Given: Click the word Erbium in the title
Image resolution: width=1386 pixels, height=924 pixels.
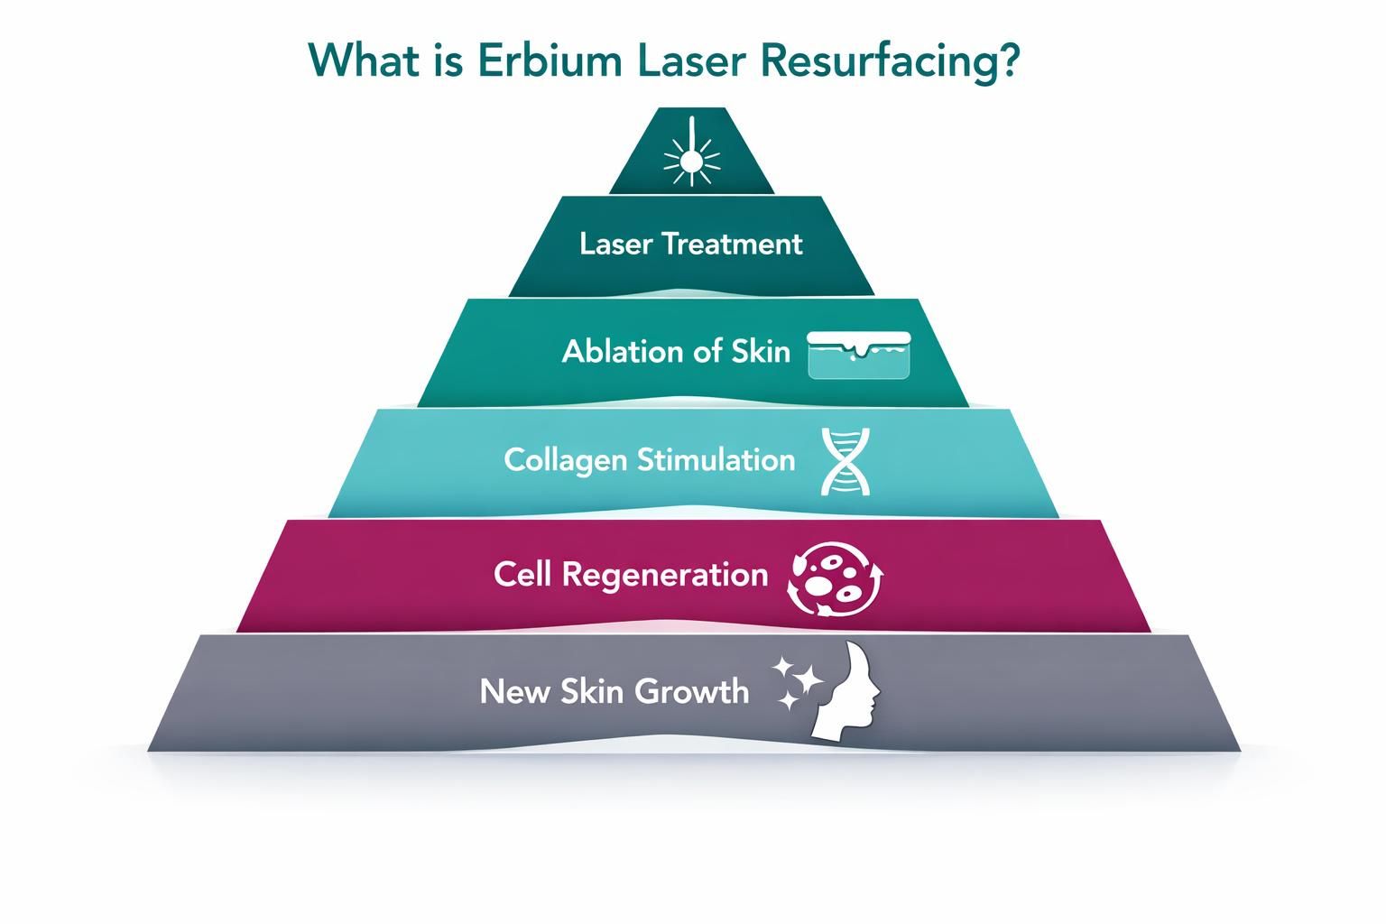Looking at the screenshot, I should [x=545, y=61].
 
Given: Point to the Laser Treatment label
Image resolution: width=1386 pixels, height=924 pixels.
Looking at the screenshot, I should [x=690, y=244].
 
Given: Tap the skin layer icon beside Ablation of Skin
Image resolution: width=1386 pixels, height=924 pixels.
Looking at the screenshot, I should [x=859, y=355].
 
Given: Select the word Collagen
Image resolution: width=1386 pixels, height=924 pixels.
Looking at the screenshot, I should [x=565, y=460].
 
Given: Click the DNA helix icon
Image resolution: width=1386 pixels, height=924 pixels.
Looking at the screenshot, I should [x=846, y=462].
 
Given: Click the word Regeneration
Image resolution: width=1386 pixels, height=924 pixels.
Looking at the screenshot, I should [x=665, y=575].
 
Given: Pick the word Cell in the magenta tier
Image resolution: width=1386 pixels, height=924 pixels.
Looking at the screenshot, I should [x=522, y=575].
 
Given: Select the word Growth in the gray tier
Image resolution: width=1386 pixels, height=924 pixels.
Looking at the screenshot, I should [x=692, y=691].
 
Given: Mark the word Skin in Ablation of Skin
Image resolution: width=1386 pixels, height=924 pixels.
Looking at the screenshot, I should [x=761, y=351].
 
